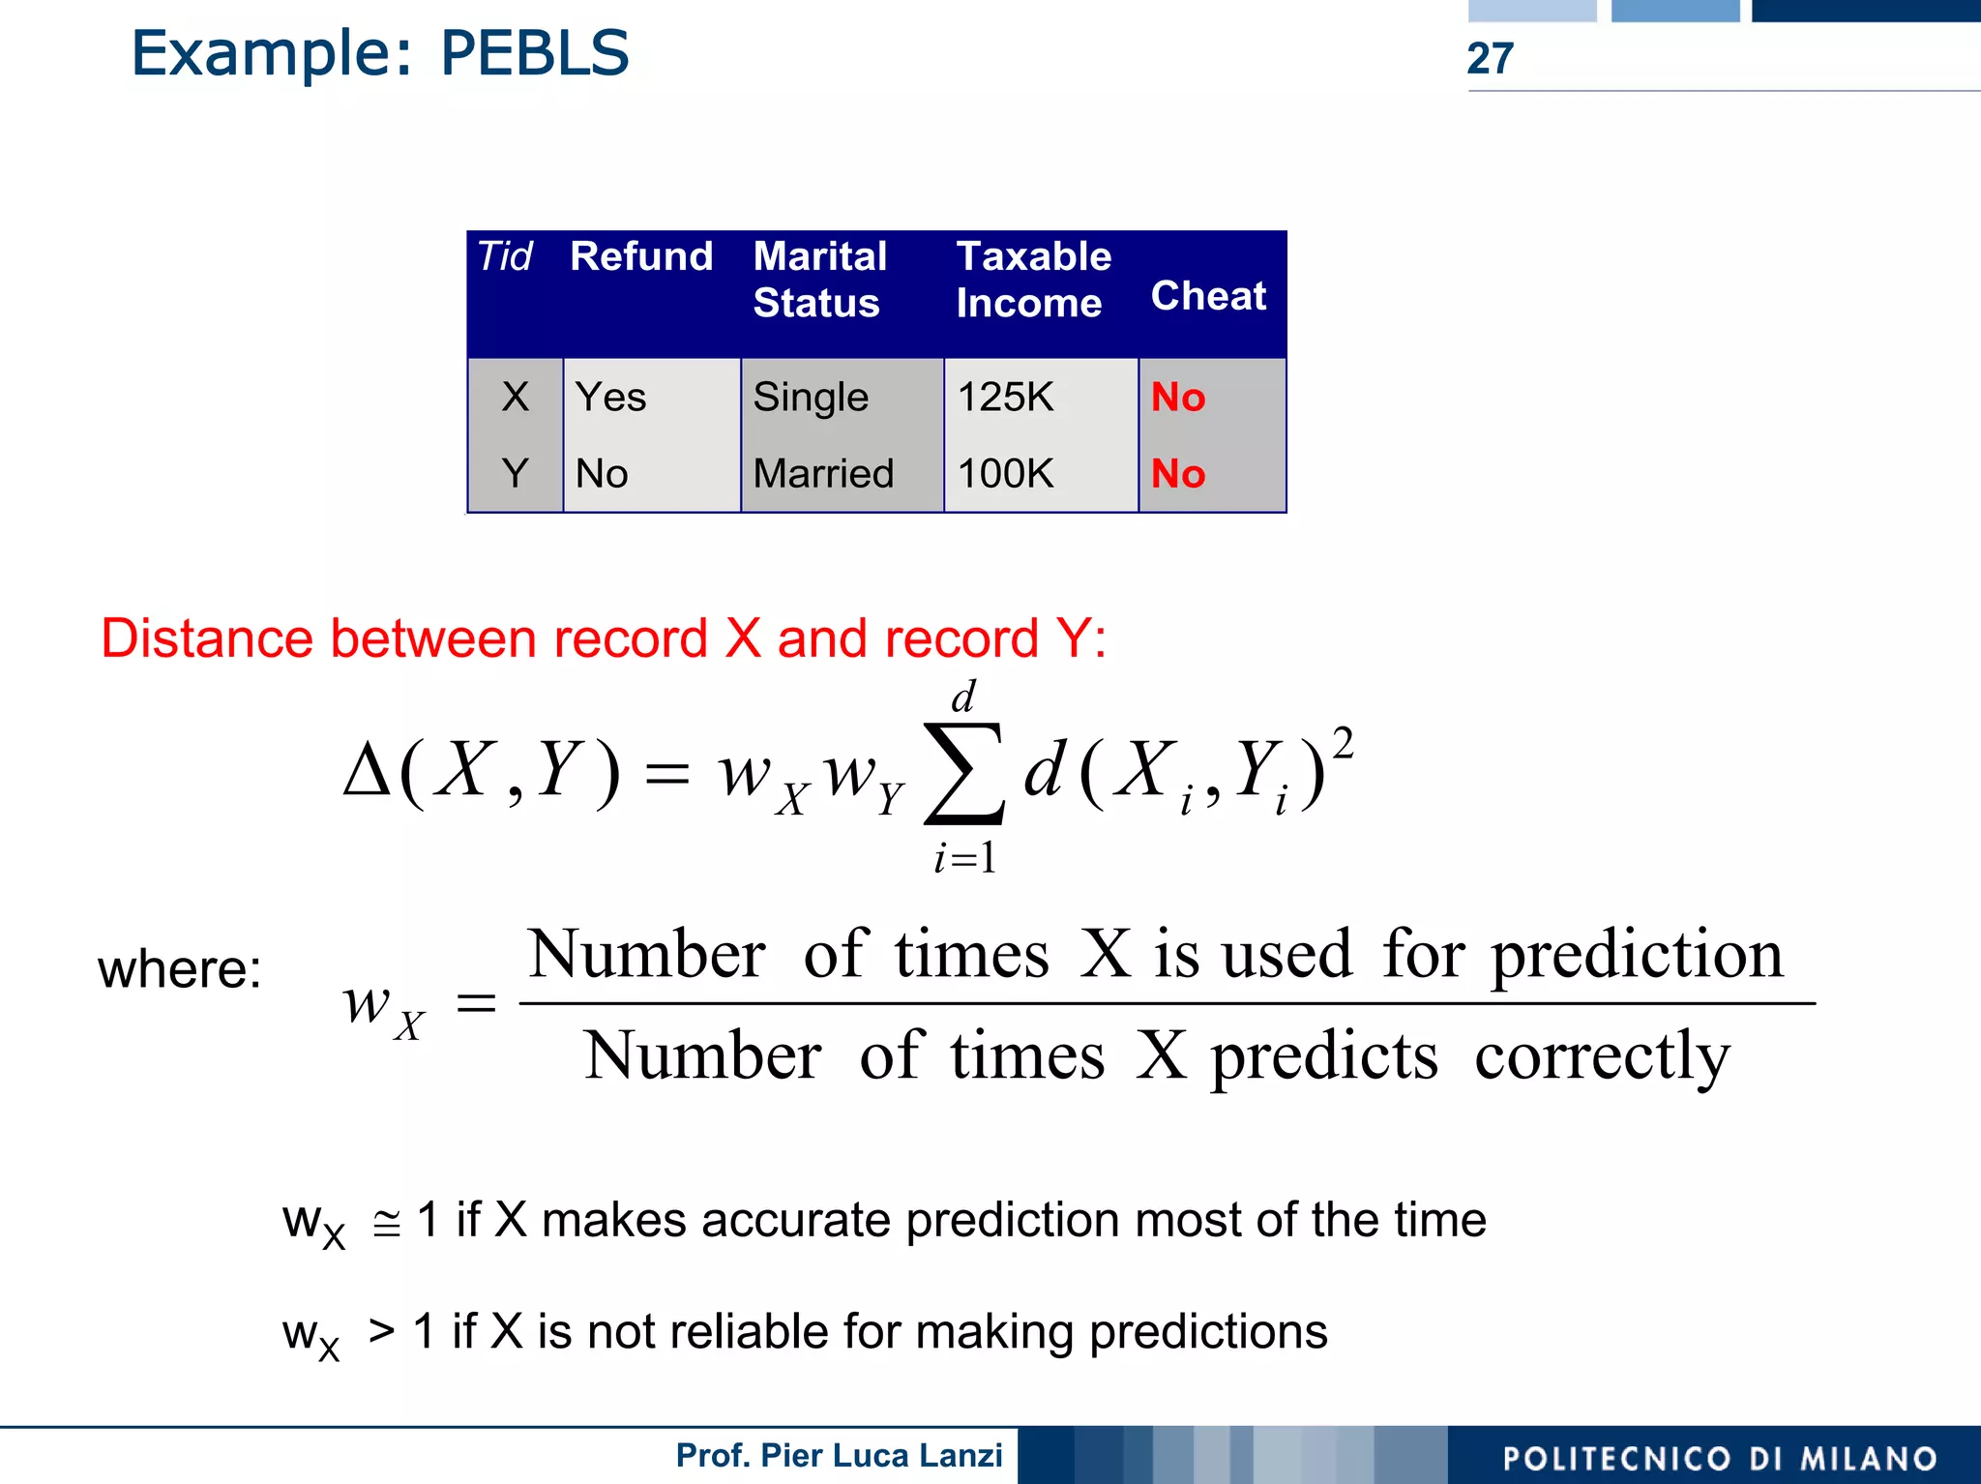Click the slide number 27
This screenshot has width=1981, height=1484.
click(1490, 59)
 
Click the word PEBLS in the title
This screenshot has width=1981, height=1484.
click(535, 53)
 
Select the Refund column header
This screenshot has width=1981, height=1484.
click(641, 257)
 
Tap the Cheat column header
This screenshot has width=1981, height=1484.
click(1208, 296)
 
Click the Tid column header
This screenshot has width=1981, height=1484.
click(505, 257)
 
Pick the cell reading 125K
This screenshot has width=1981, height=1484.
click(1005, 398)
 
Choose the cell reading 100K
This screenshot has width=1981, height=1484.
click(1005, 474)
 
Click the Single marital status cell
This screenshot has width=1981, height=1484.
click(811, 398)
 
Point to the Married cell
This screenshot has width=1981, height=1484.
click(823, 474)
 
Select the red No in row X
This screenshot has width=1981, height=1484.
click(1178, 398)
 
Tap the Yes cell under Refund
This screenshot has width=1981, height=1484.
click(610, 398)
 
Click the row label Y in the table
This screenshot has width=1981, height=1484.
click(515, 474)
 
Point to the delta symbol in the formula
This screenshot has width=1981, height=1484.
click(368, 773)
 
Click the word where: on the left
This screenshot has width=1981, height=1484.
click(180, 969)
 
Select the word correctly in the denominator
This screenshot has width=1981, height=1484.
click(1602, 1056)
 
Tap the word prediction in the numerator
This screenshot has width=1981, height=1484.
click(1637, 956)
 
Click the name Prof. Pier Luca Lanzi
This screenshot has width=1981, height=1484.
click(839, 1456)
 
